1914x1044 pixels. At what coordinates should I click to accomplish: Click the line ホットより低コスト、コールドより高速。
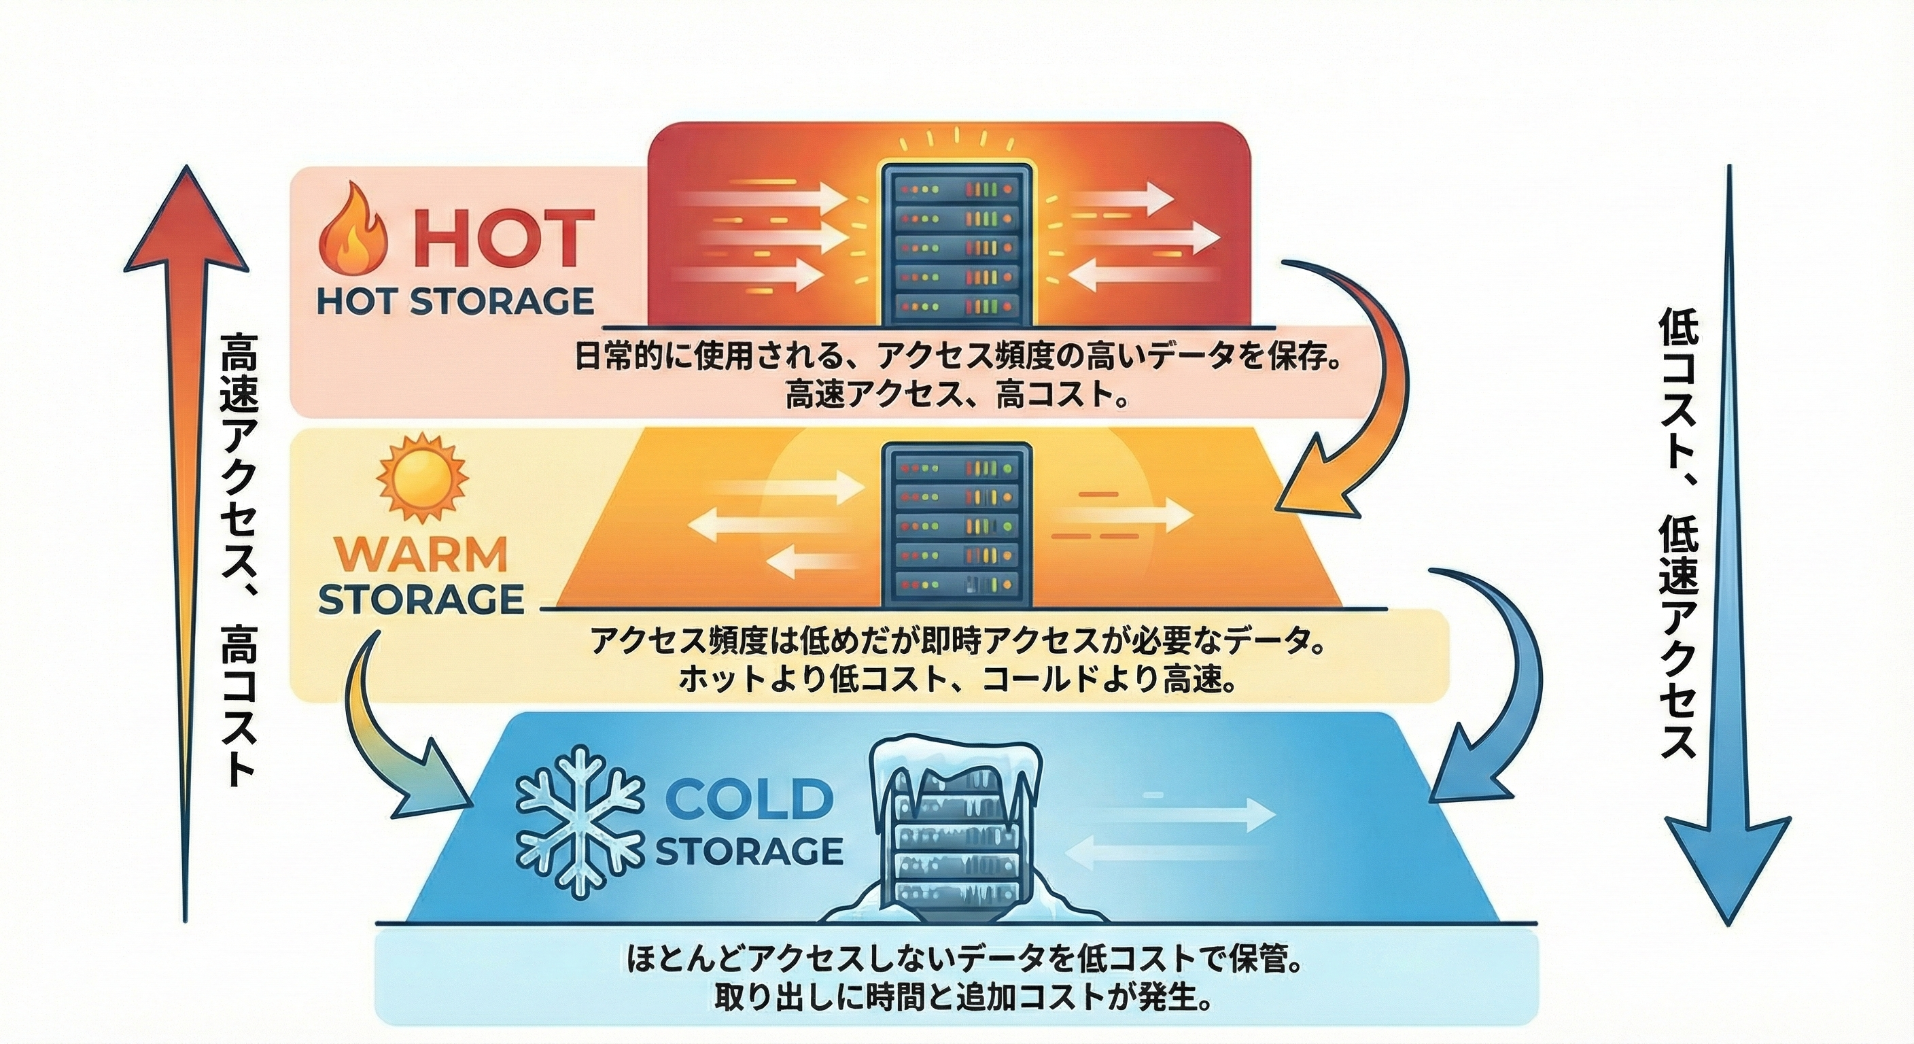click(957, 678)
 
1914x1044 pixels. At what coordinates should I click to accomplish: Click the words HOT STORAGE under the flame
click(455, 302)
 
